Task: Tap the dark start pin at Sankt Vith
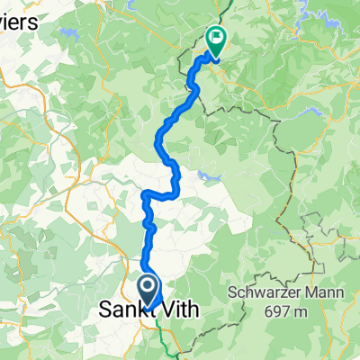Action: pos(148,290)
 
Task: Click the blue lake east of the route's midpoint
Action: pos(209,175)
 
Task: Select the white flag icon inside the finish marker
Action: pos(217,37)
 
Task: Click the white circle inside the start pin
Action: pos(148,286)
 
